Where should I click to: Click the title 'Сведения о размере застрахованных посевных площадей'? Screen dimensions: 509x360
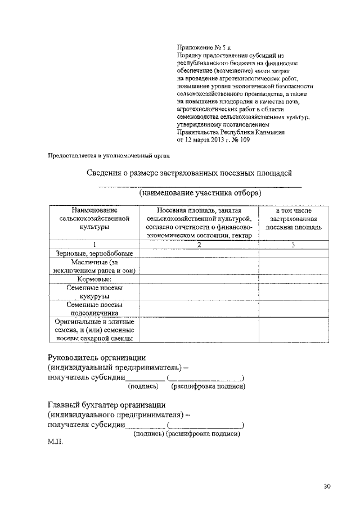189,173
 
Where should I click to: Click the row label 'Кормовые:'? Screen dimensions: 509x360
94,279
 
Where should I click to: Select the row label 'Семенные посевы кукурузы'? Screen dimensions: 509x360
94,291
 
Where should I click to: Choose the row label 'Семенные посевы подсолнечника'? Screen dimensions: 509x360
94,309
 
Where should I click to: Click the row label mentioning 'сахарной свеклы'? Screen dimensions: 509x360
94,330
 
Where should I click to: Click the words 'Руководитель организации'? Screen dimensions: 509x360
97,357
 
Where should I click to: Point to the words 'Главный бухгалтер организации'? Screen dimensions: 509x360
106,404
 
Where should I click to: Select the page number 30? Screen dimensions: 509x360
327,486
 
